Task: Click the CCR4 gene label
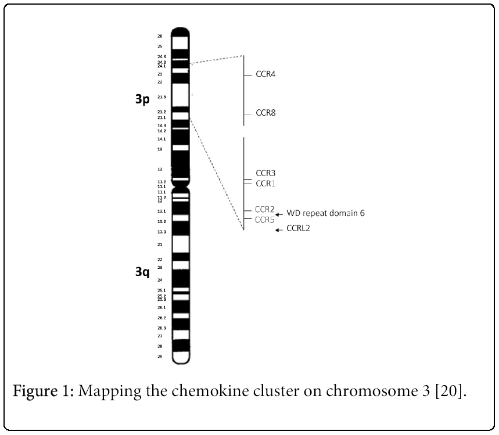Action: click(265, 75)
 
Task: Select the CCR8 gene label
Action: click(265, 113)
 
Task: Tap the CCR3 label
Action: click(265, 173)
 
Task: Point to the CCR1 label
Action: click(265, 184)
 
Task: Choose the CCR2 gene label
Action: click(264, 209)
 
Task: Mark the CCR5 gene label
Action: click(264, 220)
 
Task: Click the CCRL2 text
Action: click(299, 229)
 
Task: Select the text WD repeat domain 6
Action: click(326, 213)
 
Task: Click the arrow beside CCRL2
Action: click(279, 230)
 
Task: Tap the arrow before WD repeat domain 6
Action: click(279, 214)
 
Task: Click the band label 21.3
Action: click(161, 97)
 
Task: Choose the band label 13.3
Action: click(161, 232)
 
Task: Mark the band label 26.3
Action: click(161, 328)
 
